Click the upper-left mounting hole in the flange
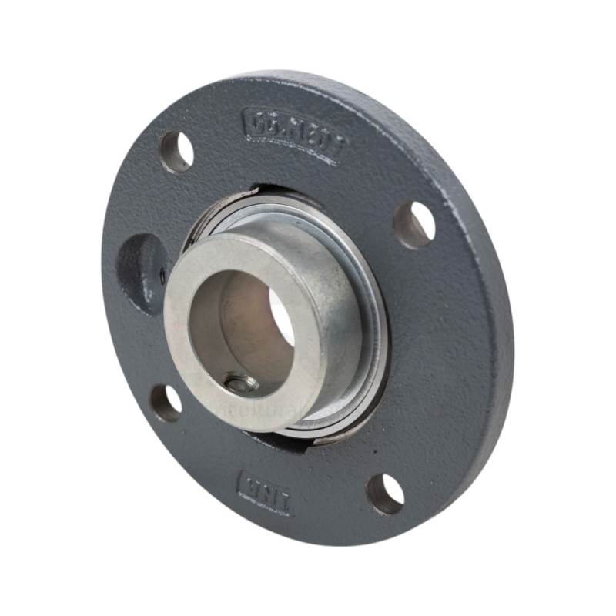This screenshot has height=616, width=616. click(x=176, y=152)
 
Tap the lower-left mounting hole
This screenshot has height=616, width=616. click(x=166, y=401)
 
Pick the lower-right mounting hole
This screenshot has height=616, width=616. click(x=385, y=494)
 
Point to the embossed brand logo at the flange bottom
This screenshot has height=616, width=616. click(x=266, y=494)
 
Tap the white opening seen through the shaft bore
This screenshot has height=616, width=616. click(x=283, y=316)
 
